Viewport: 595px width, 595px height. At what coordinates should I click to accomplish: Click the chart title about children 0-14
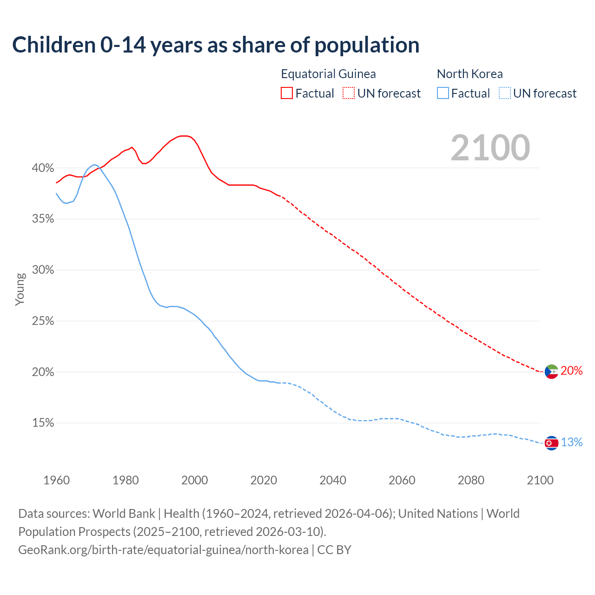216,45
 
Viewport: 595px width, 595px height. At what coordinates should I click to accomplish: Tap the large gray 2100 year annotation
490,148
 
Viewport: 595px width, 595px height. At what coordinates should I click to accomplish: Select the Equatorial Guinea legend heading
328,74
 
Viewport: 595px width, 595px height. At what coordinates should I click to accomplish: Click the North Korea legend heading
469,74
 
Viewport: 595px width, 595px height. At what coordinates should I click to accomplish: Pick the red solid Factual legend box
287,93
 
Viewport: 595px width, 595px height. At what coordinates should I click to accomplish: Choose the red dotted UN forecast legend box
349,93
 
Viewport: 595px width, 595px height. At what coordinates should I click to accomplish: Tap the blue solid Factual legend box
443,93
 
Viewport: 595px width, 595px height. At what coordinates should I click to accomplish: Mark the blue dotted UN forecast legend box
505,93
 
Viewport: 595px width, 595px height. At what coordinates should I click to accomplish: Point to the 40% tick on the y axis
43,168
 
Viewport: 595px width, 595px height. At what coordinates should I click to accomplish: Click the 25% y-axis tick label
43,321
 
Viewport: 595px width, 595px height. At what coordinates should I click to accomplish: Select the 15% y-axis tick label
43,423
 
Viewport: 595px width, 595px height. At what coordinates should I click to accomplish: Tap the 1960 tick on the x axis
56,480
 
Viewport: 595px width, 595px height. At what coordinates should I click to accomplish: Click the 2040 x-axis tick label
333,480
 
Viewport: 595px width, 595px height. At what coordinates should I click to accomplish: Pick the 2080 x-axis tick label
471,480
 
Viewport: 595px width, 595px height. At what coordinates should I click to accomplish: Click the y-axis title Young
20,289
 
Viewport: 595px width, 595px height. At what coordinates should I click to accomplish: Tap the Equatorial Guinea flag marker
551,371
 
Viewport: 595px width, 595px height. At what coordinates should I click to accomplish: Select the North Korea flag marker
551,443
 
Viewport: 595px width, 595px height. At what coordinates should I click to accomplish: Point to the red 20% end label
571,370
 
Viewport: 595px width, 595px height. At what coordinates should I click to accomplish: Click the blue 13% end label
571,442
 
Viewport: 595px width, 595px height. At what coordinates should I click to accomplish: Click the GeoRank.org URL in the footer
163,550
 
